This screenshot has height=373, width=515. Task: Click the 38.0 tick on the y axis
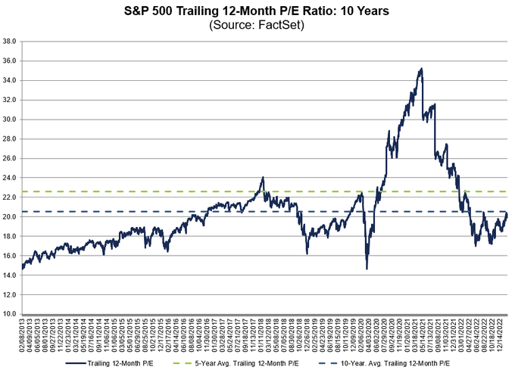coord(11,41)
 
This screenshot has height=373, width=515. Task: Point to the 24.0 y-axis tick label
coord(11,178)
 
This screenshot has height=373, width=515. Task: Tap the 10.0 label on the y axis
coord(11,313)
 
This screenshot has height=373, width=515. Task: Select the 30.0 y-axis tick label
coord(11,119)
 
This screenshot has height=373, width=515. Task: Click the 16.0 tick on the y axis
coord(11,255)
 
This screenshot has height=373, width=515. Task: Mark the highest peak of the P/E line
coord(420,69)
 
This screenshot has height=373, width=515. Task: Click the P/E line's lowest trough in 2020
coord(367,268)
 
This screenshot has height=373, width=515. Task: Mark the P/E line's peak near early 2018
coord(263,178)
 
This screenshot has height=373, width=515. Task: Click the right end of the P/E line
coord(507,215)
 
